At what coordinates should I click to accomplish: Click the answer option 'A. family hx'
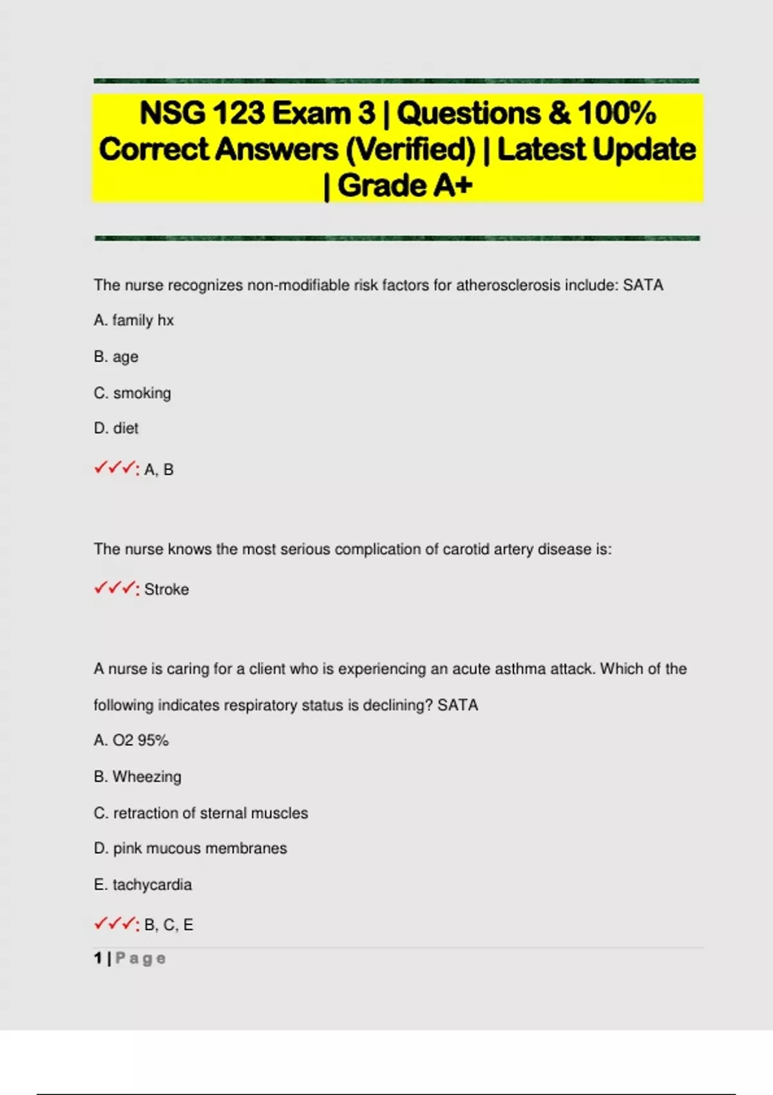click(x=133, y=320)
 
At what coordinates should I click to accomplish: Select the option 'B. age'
click(x=116, y=357)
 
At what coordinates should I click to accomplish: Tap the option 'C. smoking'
click(x=132, y=393)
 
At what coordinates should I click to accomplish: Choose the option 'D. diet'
click(x=116, y=428)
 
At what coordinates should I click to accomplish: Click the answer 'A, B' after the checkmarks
click(x=159, y=470)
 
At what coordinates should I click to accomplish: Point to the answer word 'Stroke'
click(x=166, y=589)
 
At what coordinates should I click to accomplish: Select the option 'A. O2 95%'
click(x=131, y=741)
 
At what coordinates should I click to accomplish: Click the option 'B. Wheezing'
click(x=137, y=777)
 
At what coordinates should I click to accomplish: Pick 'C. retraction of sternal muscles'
click(x=200, y=813)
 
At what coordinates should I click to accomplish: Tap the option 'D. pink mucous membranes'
click(x=190, y=848)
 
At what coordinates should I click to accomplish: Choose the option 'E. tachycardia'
click(x=142, y=885)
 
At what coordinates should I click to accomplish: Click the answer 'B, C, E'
click(x=169, y=925)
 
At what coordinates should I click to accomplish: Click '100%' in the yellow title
click(x=616, y=113)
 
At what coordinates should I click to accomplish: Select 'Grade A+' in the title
click(x=405, y=186)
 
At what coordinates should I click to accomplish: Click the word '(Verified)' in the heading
click(x=410, y=149)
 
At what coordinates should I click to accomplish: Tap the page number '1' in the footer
click(x=98, y=958)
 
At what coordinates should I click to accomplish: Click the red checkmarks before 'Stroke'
click(x=116, y=589)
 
